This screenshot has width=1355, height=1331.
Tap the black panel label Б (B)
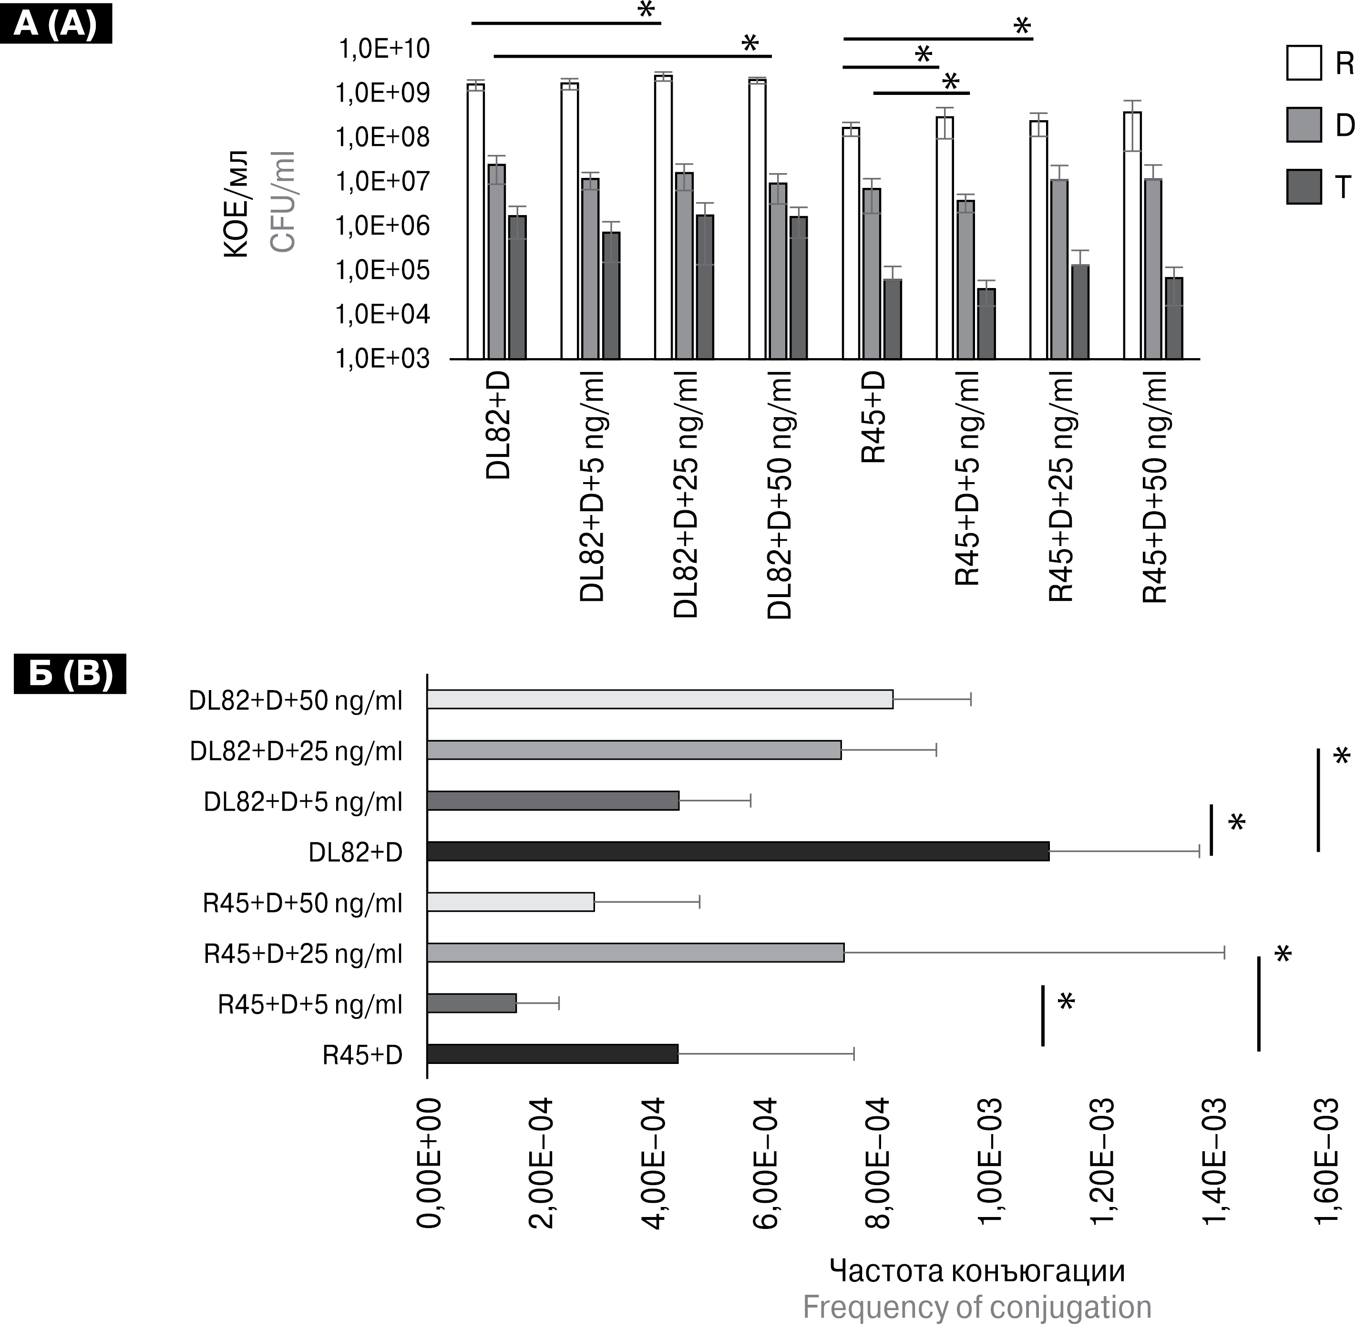(x=70, y=674)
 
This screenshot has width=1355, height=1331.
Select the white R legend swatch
(x=1304, y=63)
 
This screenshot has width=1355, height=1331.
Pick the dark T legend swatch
(x=1304, y=186)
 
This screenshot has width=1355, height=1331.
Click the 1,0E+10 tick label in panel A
(x=384, y=50)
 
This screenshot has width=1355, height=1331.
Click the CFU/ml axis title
(x=283, y=201)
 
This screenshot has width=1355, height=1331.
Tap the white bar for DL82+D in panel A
(x=476, y=221)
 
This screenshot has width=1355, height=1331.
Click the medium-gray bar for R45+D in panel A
(x=872, y=273)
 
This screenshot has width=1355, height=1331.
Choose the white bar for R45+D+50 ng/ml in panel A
(x=1132, y=236)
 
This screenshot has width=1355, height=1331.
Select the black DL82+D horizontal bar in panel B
(x=737, y=851)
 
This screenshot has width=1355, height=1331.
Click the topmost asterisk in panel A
(x=647, y=10)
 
